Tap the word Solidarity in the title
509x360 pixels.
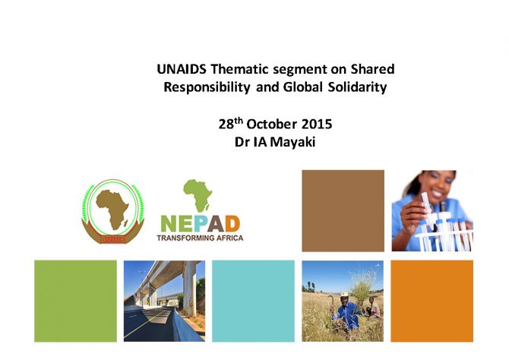357,87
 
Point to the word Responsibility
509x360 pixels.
207,87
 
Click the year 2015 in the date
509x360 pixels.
317,125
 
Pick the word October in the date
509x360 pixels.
271,125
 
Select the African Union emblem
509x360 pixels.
112,211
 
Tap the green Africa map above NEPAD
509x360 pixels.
198,195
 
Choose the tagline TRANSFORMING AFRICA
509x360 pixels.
200,238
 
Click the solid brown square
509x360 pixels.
343,210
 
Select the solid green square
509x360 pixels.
76,301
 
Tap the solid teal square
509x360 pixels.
253,301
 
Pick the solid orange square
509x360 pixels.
432,301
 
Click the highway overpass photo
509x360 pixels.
164,301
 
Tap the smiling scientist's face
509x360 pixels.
438,185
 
